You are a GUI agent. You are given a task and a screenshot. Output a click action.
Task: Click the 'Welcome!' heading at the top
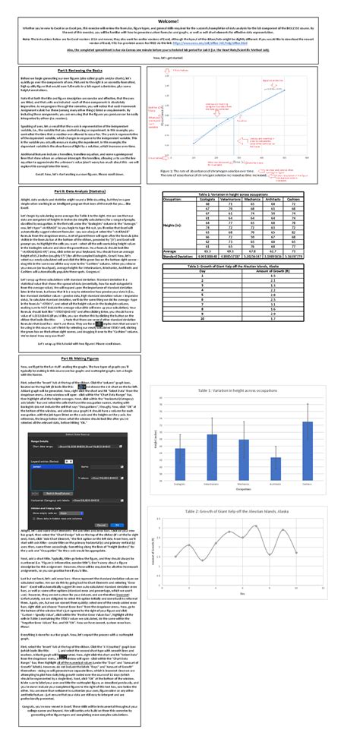click(180, 5)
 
